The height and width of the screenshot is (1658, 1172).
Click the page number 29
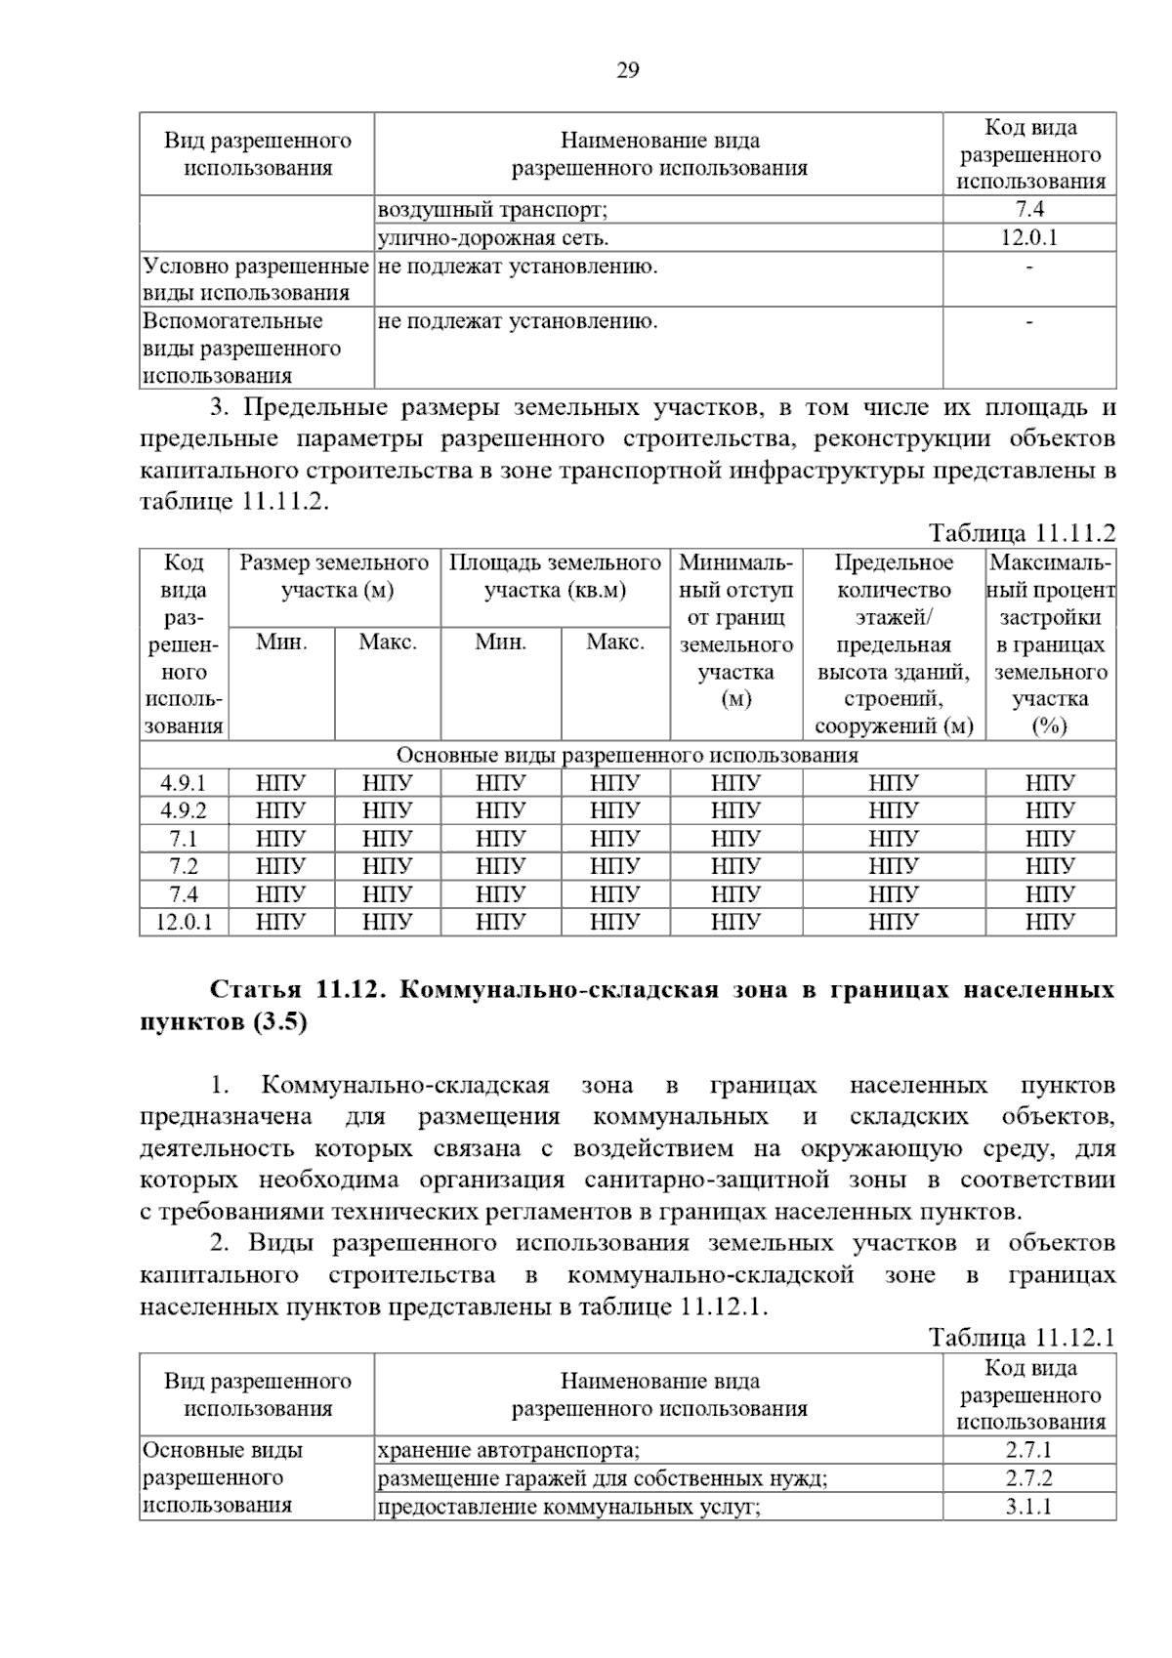[x=628, y=70]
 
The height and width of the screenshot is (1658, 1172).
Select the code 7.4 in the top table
[x=1028, y=209]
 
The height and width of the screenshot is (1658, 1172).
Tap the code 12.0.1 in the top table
[x=1028, y=237]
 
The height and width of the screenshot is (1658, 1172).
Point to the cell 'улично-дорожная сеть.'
[x=493, y=237]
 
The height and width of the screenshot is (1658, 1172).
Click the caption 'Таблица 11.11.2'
[x=1022, y=533]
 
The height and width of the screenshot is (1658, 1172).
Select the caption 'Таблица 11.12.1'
[x=1022, y=1338]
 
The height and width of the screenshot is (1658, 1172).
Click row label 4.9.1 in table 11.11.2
[x=184, y=783]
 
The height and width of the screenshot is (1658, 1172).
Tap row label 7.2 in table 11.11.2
[x=184, y=866]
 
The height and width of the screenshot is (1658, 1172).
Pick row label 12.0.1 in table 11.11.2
[x=184, y=922]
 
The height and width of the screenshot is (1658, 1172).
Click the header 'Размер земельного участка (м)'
[x=334, y=576]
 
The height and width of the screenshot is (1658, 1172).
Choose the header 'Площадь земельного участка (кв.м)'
[x=555, y=576]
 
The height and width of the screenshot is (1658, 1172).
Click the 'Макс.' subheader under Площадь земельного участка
[x=614, y=642]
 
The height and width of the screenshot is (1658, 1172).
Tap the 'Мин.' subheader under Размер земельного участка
[x=281, y=642]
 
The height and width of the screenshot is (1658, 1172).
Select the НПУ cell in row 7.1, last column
[x=1050, y=839]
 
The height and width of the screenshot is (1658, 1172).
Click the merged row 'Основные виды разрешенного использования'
[x=627, y=756]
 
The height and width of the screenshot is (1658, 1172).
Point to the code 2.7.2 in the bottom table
[x=1028, y=1478]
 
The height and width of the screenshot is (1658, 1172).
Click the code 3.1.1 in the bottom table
[x=1028, y=1507]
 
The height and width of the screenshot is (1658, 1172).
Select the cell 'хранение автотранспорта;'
[x=509, y=1450]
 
